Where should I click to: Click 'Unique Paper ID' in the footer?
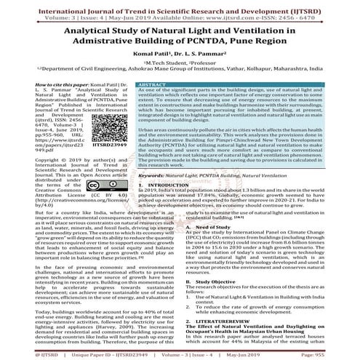[x=89, y=354]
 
